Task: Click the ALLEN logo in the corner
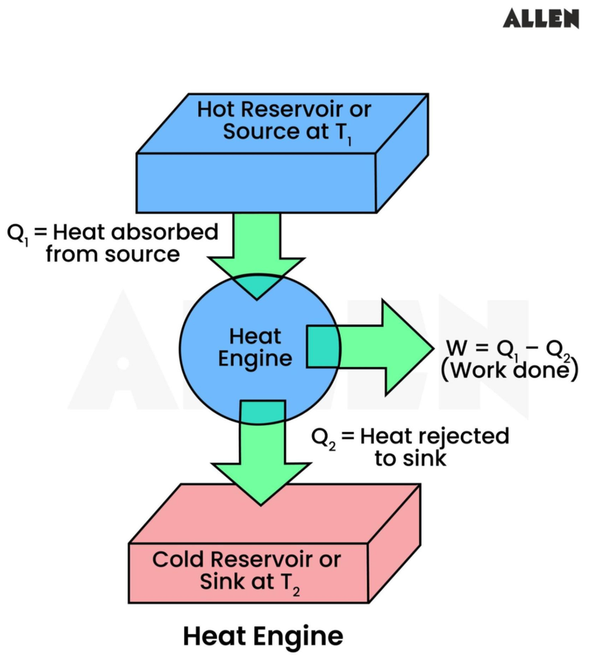(x=541, y=19)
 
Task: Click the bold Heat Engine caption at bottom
(x=262, y=635)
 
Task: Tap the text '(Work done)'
(x=508, y=370)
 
